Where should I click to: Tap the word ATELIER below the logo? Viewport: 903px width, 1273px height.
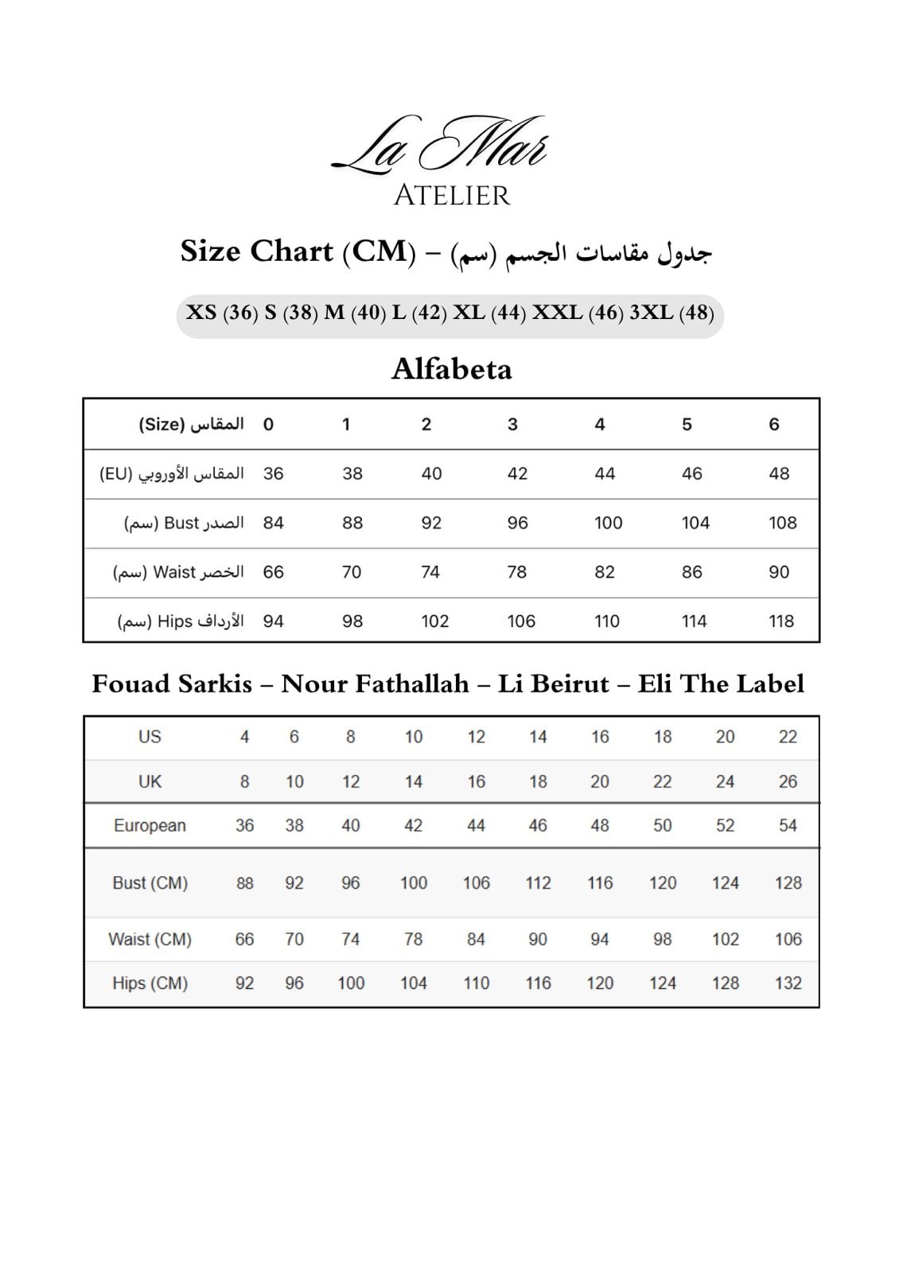point(451,196)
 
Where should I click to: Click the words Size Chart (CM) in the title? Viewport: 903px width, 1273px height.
point(298,251)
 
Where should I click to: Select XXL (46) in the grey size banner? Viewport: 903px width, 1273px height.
point(578,313)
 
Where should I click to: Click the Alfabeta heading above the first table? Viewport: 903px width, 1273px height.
point(451,369)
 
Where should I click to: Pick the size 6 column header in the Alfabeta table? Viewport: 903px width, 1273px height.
point(773,425)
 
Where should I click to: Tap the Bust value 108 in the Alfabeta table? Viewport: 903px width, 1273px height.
point(782,523)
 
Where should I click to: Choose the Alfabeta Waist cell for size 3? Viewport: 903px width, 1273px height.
point(517,572)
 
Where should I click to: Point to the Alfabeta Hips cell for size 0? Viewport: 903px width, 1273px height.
point(273,621)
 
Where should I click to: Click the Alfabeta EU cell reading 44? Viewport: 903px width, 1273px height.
point(604,474)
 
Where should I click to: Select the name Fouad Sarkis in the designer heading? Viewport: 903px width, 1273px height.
point(172,684)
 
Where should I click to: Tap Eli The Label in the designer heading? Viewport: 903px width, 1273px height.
point(721,684)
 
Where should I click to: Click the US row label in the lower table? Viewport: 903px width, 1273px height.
point(150,737)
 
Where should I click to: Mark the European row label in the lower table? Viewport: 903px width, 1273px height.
point(150,826)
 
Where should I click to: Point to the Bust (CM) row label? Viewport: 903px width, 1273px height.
point(150,883)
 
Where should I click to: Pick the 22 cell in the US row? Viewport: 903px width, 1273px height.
point(788,737)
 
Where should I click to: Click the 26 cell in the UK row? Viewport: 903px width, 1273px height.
point(788,782)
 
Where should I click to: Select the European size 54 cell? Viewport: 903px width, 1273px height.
point(788,826)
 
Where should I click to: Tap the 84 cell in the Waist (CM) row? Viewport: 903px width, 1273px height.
point(476,940)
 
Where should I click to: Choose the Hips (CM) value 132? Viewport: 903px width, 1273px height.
point(788,983)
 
